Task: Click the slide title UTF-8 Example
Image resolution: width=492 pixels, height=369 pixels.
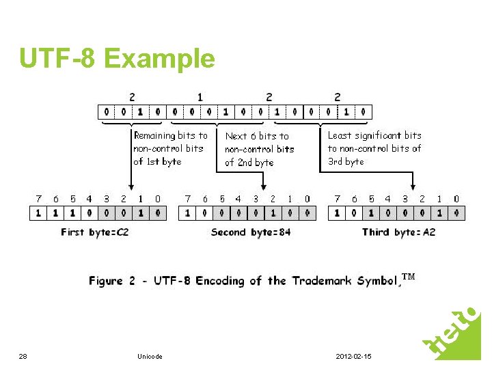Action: click(x=117, y=59)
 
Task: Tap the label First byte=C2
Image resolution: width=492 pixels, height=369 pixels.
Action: click(x=95, y=232)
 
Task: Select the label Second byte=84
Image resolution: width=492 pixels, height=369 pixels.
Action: click(x=251, y=232)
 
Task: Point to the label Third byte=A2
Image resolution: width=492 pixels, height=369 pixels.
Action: click(x=399, y=232)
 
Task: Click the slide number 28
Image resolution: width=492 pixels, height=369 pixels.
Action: click(x=23, y=357)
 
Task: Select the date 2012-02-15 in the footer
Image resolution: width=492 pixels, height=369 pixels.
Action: click(x=354, y=357)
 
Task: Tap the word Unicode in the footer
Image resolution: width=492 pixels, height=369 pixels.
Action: click(x=150, y=357)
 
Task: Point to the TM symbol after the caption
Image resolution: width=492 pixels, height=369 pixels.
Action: click(x=408, y=277)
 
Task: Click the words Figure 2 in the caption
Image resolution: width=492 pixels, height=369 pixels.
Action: click(x=106, y=281)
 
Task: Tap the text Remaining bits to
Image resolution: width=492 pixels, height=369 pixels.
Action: click(x=170, y=135)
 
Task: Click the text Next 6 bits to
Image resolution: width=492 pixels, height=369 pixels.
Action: click(x=257, y=136)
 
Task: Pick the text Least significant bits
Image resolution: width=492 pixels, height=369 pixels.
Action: click(x=374, y=135)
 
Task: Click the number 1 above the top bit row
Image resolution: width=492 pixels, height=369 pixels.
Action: click(x=200, y=97)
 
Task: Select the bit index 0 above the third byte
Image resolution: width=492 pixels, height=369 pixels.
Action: click(x=456, y=199)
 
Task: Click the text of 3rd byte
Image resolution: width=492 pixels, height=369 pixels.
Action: click(x=346, y=162)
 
